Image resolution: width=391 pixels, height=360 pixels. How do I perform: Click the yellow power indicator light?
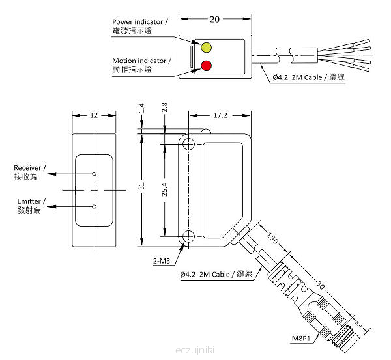[206, 48]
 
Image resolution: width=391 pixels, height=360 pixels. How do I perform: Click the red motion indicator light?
[206, 66]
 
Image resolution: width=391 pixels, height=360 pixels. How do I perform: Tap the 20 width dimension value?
[214, 20]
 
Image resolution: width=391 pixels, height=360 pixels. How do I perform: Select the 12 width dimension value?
[94, 115]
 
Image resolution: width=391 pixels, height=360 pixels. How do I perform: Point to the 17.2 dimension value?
[220, 115]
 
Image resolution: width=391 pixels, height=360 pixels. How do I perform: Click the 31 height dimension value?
[141, 186]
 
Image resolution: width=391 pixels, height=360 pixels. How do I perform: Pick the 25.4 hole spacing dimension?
[164, 189]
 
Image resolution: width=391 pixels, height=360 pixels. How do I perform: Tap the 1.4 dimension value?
[141, 108]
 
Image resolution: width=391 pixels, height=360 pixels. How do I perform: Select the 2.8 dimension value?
[164, 107]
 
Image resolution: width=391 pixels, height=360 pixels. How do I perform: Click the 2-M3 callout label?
[162, 261]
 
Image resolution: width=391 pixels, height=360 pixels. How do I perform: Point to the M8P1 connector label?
[301, 339]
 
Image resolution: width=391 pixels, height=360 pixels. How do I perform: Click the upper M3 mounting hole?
[188, 144]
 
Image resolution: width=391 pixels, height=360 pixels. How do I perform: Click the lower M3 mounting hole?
[188, 236]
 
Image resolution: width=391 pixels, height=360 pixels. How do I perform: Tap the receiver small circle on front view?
[94, 174]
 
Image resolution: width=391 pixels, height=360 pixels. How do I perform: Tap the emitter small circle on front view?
[94, 206]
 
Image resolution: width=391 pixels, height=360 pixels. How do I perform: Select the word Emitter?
[29, 201]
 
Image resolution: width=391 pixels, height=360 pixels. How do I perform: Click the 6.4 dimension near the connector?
[358, 324]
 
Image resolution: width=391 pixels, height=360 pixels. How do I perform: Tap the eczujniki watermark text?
[195, 350]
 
